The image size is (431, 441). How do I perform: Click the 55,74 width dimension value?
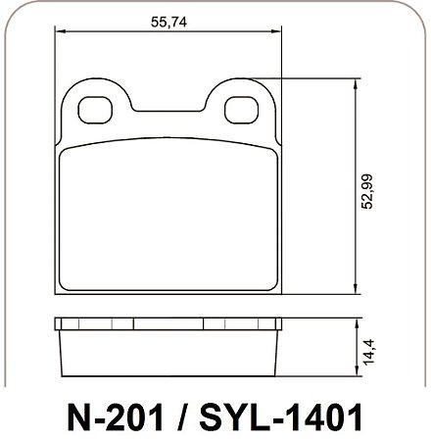168,22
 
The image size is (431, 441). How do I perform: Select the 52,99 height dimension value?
367,191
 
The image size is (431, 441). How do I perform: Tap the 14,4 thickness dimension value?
367,353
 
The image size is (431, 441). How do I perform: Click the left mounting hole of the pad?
95,110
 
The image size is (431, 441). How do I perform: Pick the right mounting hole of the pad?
241,110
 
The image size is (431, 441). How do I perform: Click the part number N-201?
116,417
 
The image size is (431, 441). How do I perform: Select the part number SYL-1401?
281,417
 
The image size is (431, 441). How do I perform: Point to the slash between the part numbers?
182,417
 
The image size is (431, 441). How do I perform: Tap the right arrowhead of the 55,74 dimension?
276,31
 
